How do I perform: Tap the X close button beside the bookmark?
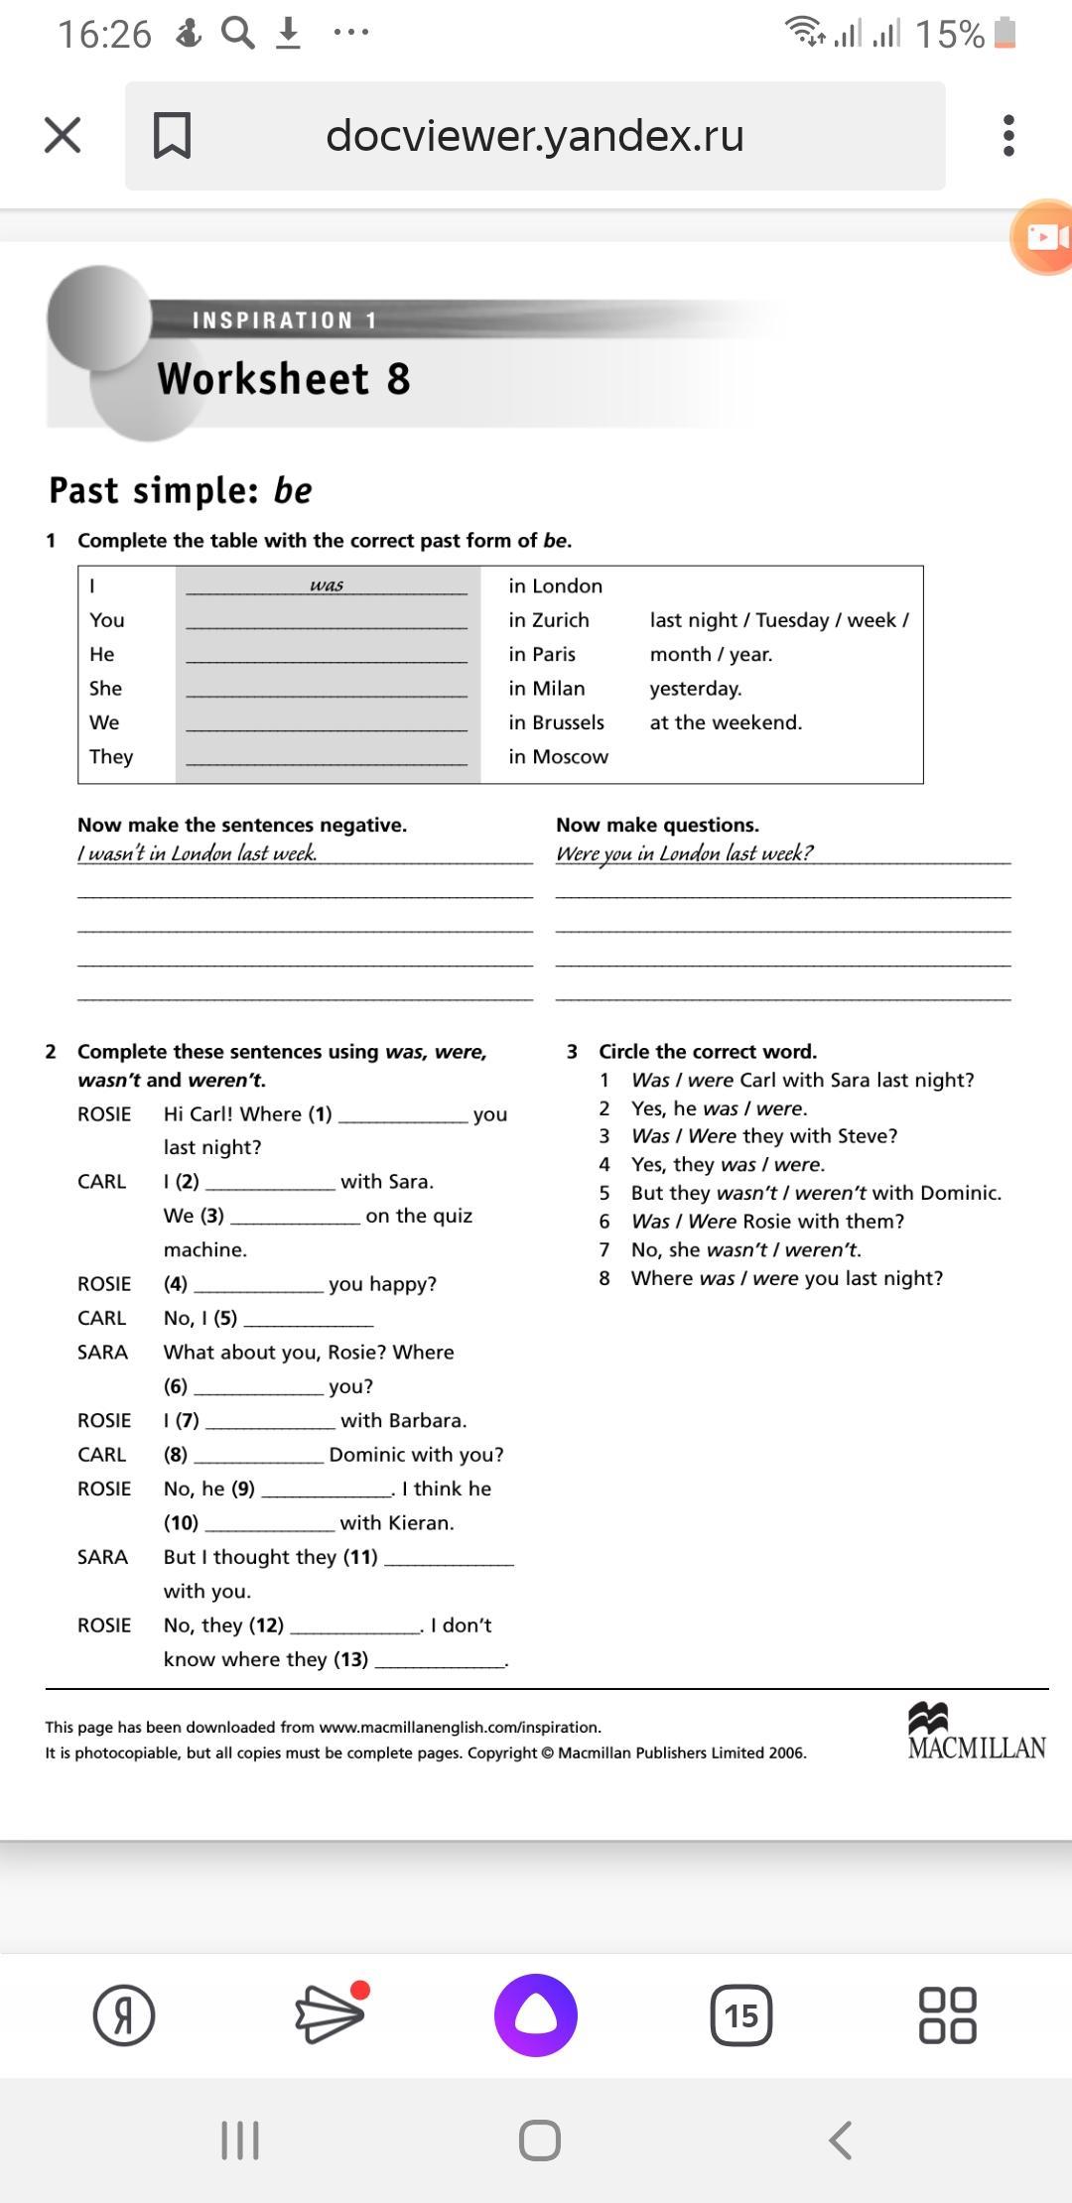(63, 135)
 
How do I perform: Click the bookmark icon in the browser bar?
(172, 135)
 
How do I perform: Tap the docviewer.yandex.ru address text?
(535, 135)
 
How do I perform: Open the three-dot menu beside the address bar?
(1008, 135)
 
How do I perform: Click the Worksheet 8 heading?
(284, 379)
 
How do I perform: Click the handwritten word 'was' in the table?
(327, 584)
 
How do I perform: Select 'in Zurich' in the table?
(549, 620)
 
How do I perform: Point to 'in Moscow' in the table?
(558, 757)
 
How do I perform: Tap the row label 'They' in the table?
(111, 757)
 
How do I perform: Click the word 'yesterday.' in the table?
(696, 689)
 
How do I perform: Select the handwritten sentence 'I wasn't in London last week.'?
(198, 853)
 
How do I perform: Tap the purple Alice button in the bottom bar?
(536, 2015)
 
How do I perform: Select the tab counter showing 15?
(741, 2015)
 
